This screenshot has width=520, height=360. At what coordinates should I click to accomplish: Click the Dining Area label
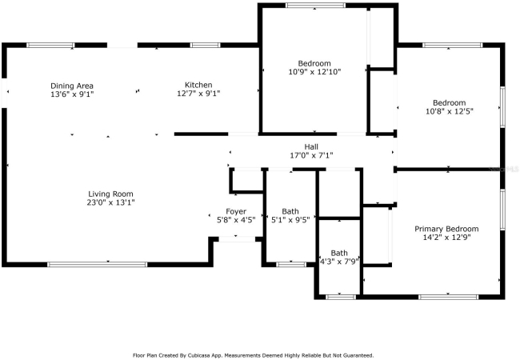[x=72, y=86]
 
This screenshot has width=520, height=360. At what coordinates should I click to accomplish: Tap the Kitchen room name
[x=198, y=85]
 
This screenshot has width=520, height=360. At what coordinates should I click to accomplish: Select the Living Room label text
[x=110, y=194]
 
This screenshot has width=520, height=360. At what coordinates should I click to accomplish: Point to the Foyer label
[x=236, y=211]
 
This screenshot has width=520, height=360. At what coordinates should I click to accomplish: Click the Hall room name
[x=311, y=146]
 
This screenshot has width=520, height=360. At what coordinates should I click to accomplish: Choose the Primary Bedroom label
[x=446, y=229]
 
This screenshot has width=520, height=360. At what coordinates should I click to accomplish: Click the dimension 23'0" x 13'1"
[x=110, y=202]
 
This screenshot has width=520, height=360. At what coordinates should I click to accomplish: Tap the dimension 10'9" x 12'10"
[x=314, y=72]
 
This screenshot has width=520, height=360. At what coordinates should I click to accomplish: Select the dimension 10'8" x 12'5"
[x=449, y=111]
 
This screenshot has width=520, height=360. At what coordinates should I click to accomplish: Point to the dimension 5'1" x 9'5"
[x=290, y=219]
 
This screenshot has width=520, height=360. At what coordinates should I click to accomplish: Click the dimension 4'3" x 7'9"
[x=339, y=262]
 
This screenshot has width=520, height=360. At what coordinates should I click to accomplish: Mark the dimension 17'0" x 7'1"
[x=311, y=155]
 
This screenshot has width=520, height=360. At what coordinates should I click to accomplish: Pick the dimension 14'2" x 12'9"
[x=446, y=238]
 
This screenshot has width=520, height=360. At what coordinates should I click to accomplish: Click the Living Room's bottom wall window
[x=97, y=265]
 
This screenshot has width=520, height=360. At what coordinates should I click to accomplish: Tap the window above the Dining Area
[x=50, y=45]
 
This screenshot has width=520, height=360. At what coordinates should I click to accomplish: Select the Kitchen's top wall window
[x=205, y=45]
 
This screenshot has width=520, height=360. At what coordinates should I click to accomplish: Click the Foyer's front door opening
[x=237, y=239]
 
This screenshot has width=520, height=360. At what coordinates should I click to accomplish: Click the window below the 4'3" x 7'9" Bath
[x=341, y=297]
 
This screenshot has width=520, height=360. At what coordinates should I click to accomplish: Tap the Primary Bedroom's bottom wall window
[x=448, y=297]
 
